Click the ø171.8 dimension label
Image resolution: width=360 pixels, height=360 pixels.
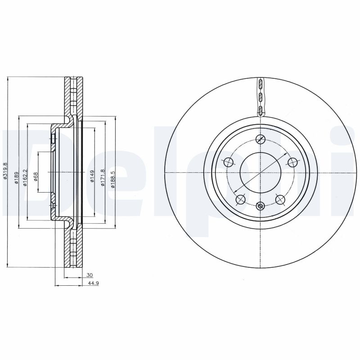[103, 174]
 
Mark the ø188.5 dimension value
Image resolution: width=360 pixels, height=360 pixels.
[113, 174]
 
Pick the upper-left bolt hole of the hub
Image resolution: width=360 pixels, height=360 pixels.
[229, 162]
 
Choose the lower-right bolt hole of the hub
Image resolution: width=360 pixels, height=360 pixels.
[280, 199]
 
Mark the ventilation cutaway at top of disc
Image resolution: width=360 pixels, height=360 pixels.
[261, 97]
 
